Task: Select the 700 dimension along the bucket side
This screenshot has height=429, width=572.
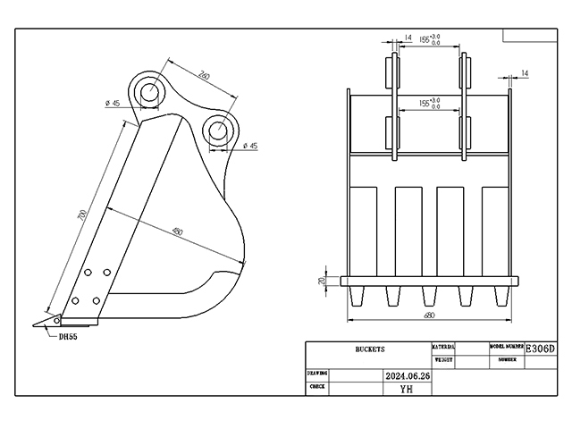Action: (x=83, y=215)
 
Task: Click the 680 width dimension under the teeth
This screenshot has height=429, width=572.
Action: (x=430, y=315)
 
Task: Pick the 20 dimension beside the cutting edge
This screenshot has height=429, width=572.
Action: (x=323, y=281)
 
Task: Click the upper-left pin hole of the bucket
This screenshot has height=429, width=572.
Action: (x=149, y=91)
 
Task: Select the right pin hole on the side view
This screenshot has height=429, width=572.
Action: (x=218, y=130)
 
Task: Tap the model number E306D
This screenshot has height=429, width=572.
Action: (x=540, y=348)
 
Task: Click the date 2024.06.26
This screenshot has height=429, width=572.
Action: (x=407, y=377)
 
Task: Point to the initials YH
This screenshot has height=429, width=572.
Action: (x=407, y=389)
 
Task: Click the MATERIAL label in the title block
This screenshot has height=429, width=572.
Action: (x=444, y=346)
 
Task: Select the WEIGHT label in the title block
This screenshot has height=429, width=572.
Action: (x=444, y=359)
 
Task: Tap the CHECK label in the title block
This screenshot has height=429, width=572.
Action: (x=316, y=388)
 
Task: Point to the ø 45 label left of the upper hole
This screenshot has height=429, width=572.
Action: (x=113, y=104)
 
